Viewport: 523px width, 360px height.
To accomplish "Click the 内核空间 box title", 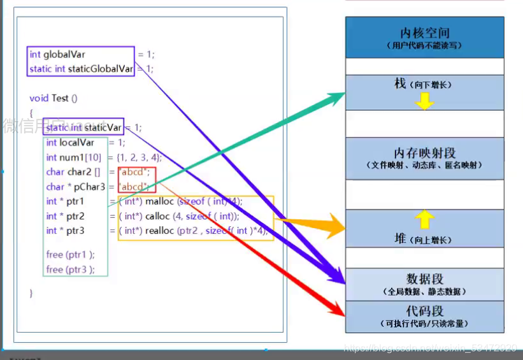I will [424, 32].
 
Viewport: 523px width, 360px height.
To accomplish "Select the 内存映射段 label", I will [424, 153].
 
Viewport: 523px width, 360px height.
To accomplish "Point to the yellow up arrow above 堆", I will [424, 220].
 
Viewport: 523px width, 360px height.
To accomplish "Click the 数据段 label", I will [424, 279].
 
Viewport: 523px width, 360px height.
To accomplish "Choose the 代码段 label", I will [424, 312].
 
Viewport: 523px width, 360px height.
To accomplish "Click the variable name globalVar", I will [64, 55].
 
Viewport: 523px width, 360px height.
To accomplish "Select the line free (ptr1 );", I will [70, 254].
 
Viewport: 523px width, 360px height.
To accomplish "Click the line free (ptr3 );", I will [70, 270].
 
